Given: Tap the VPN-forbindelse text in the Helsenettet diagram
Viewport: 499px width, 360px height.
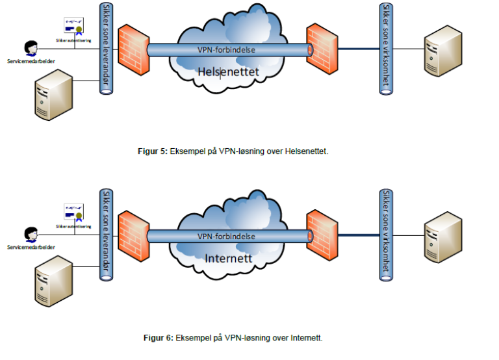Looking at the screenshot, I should (x=226, y=49).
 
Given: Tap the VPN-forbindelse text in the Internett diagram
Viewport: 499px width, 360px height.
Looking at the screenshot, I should (x=226, y=237).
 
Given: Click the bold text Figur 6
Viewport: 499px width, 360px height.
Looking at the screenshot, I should (x=159, y=338).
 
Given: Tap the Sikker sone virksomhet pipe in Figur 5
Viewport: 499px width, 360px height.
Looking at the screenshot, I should (x=387, y=48).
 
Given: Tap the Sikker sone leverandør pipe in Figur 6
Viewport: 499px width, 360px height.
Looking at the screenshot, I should (x=105, y=235).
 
